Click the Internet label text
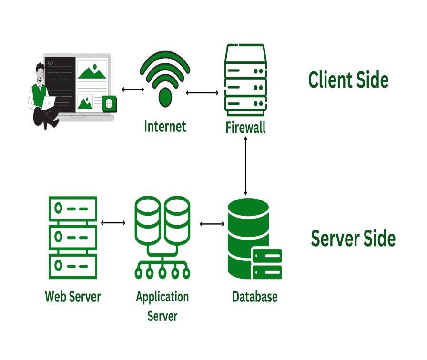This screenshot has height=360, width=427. pyautogui.click(x=165, y=126)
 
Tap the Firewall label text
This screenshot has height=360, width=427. pyautogui.click(x=245, y=128)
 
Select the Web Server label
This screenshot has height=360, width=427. pyautogui.click(x=73, y=297)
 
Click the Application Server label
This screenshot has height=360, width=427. pyautogui.click(x=162, y=306)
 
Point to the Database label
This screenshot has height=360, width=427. pyautogui.click(x=254, y=297)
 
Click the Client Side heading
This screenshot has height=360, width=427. pyautogui.click(x=348, y=80)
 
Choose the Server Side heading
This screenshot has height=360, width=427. pyautogui.click(x=353, y=238)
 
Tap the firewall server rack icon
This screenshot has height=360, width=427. pyautogui.click(x=245, y=80)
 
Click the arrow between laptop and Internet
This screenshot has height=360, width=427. pyautogui.click(x=132, y=89)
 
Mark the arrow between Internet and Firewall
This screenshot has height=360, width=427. pyautogui.click(x=204, y=92)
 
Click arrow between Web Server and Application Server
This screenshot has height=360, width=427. pyautogui.click(x=113, y=222)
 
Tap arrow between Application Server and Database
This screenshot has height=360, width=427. pyautogui.click(x=212, y=224)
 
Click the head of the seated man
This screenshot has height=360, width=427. pyautogui.click(x=40, y=71)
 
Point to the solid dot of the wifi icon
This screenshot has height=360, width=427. pyautogui.click(x=165, y=97)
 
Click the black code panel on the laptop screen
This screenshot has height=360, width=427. pyautogui.click(x=61, y=83)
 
